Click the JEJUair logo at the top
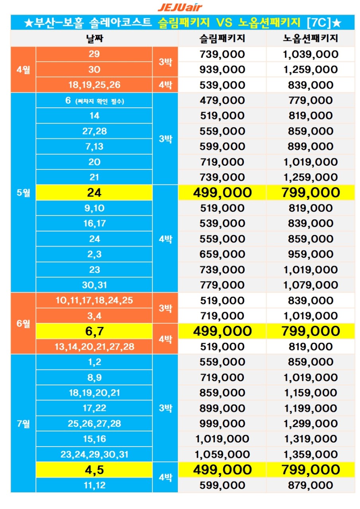click(180, 7)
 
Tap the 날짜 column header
click(94, 39)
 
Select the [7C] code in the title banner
click(319, 23)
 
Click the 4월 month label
click(23, 70)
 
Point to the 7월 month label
click(23, 424)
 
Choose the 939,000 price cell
click(222, 70)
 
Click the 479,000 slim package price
click(222, 100)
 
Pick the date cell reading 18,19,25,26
click(94, 85)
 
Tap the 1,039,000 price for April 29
click(310, 54)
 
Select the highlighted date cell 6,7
click(94, 331)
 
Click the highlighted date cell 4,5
click(94, 470)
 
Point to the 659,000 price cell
click(222, 254)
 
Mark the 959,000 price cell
click(310, 254)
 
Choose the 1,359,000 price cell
click(310, 454)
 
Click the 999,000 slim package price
click(222, 424)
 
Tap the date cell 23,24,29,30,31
click(94, 454)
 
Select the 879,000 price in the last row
click(310, 485)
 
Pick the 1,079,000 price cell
click(310, 285)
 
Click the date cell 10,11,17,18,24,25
click(94, 300)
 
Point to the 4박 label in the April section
click(165, 85)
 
